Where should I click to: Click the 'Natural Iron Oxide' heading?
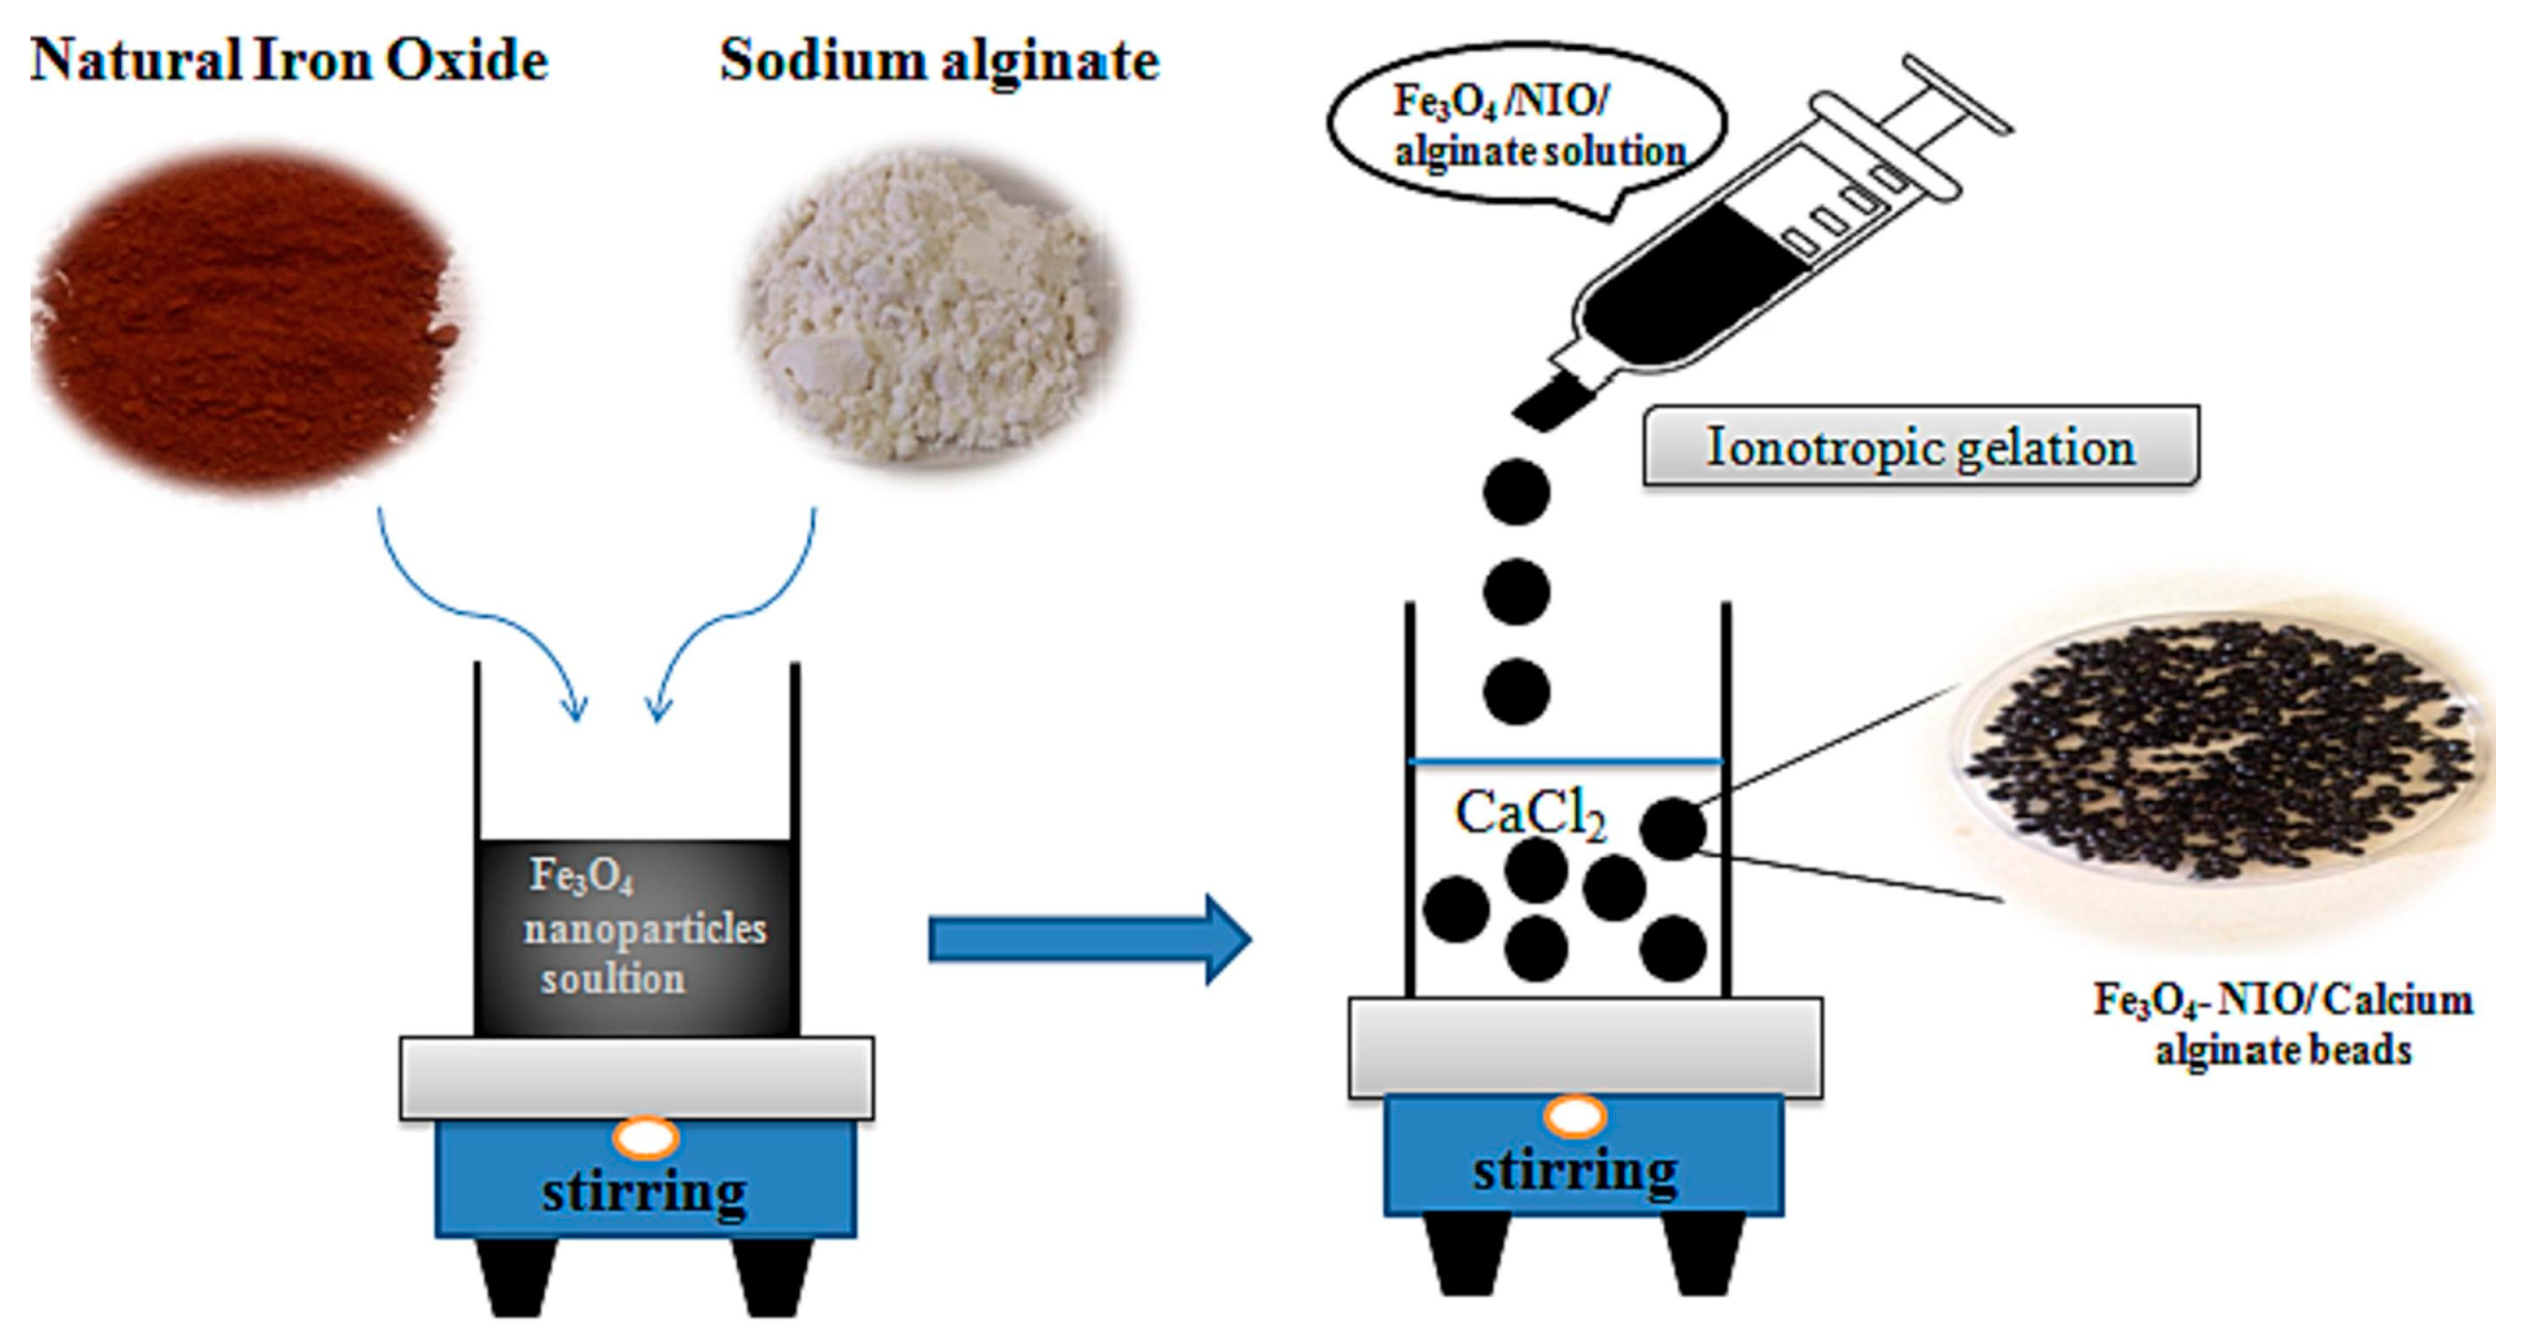(289, 61)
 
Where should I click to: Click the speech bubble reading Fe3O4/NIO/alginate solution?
(1527, 132)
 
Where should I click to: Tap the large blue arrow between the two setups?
(1090, 939)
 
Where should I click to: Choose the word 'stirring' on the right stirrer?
(1575, 1171)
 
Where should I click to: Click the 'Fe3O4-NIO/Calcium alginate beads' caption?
(2282, 1025)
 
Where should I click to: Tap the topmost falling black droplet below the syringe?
(1516, 491)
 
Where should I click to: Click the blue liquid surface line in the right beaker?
(1566, 761)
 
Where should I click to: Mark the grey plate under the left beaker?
(636, 1077)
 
